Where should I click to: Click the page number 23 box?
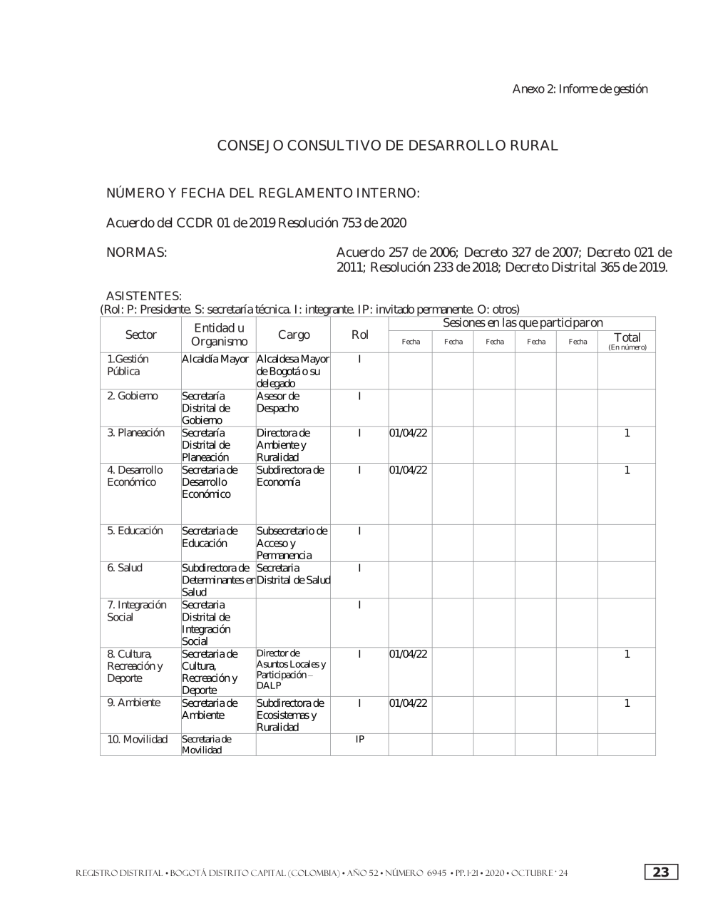tap(661, 872)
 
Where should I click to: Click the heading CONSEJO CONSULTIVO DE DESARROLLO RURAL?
tap(387, 146)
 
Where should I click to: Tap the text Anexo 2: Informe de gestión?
tap(580, 89)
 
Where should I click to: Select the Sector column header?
tap(141, 335)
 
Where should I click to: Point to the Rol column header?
tap(360, 335)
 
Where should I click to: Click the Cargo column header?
tap(294, 335)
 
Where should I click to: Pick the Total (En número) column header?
tap(627, 340)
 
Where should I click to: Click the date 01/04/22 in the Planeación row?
tap(409, 433)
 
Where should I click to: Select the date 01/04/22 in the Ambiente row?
tap(409, 703)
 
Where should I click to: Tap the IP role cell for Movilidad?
tap(360, 740)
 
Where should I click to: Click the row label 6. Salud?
tap(125, 568)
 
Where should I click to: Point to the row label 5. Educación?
tap(135, 531)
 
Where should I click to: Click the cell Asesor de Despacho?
tap(278, 402)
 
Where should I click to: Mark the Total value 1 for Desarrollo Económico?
tap(627, 470)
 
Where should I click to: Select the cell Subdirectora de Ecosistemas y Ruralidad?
tap(290, 715)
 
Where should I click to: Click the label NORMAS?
tap(136, 253)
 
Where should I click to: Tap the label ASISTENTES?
tap(143, 295)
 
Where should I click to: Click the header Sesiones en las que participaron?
tap(523, 323)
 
